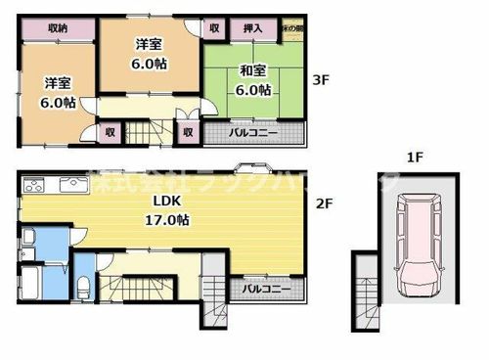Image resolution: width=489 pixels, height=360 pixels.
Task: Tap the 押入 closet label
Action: pyautogui.click(x=252, y=29)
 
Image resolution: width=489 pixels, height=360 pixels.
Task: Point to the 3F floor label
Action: pyautogui.click(x=322, y=82)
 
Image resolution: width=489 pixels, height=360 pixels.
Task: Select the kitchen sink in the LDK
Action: pyautogui.click(x=74, y=184)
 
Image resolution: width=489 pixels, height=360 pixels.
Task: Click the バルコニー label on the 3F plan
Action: pyautogui.click(x=253, y=132)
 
